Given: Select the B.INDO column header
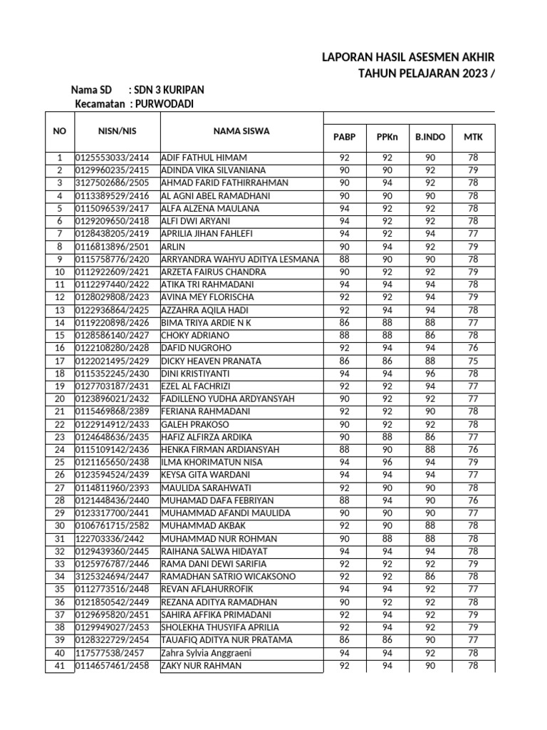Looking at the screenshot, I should point(430,137).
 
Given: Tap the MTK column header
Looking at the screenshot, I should point(473,137).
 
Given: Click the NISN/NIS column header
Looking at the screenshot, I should point(117,130).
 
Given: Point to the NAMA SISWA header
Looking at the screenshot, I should point(241,130).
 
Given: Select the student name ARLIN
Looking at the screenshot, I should point(172,246).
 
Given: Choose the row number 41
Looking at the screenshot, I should point(59,666).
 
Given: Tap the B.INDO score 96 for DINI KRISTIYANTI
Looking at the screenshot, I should point(430,373).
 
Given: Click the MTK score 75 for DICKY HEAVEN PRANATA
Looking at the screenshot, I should point(473,361).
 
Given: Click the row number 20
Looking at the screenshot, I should point(59,399).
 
